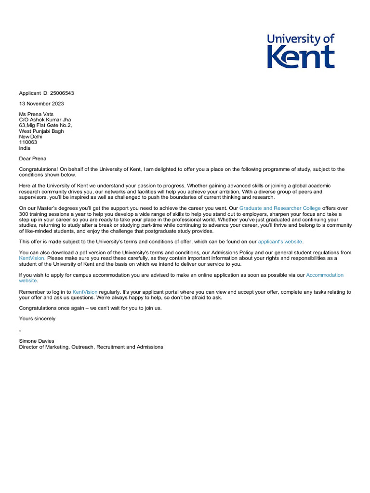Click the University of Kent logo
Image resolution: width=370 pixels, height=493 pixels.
tap(301, 51)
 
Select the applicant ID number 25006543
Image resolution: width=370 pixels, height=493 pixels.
tap(62, 93)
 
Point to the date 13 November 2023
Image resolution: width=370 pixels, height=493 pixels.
tap(41, 104)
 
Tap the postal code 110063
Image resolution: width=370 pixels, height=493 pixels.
tap(28, 143)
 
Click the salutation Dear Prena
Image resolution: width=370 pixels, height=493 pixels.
tap(33, 158)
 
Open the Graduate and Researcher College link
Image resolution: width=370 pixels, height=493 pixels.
tap(280, 208)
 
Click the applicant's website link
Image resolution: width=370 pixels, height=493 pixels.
tap(280, 242)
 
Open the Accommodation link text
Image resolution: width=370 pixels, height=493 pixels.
tap(325, 275)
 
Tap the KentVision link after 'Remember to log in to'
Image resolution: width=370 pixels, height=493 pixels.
tap(85, 292)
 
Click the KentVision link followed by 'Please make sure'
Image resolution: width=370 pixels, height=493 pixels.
tap(32, 258)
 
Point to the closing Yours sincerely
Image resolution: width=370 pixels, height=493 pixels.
tap(37, 319)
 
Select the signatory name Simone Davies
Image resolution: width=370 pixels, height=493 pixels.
tap(37, 341)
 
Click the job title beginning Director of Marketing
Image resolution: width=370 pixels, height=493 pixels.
tap(91, 347)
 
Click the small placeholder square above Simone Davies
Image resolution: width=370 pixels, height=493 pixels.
tap(20, 331)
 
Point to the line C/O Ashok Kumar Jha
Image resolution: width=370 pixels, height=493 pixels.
tap(45, 120)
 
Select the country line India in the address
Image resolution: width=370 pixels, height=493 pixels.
tap(25, 148)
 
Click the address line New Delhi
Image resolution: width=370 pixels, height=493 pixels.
tap(31, 137)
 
